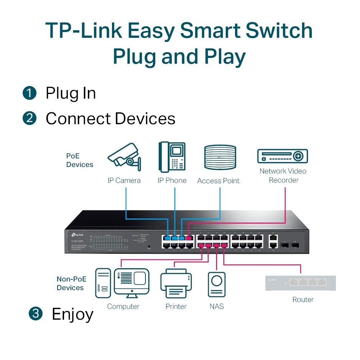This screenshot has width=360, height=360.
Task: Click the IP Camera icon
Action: [125, 157]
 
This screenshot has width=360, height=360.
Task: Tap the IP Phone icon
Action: [172, 157]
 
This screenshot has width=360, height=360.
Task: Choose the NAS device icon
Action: [217, 284]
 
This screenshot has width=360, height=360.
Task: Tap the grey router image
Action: [300, 283]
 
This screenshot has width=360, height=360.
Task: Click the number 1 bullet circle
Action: [30, 93]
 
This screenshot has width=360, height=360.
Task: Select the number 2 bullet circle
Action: [30, 118]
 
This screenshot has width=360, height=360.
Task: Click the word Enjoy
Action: [72, 314]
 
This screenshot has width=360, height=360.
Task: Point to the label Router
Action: [303, 300]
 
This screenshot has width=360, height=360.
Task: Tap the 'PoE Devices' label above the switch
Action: [80, 161]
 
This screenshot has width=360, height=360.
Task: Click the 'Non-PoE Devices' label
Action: [70, 283]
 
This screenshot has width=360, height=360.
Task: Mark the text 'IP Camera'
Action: [124, 180]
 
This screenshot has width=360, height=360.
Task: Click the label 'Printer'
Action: [176, 306]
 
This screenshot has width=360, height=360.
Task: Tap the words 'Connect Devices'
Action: [110, 118]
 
